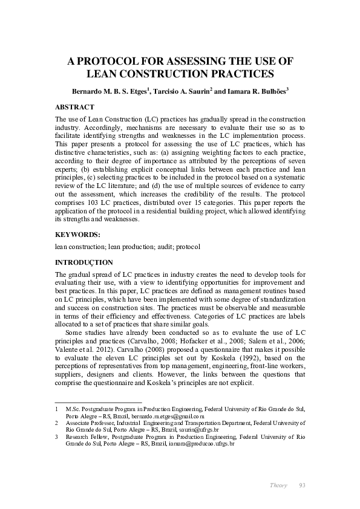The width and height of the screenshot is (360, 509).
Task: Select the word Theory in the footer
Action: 278,485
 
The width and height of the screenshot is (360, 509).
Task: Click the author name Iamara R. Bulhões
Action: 256,91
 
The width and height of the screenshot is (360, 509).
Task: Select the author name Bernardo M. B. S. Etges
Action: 111,91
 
